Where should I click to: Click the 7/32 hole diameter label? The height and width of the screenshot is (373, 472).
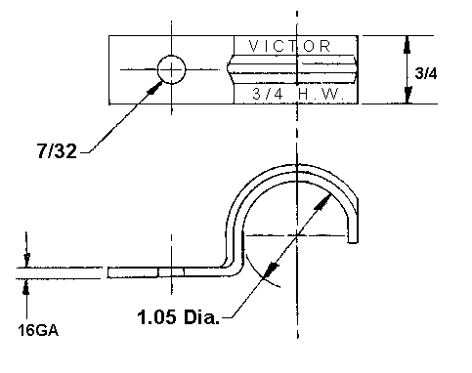click(x=58, y=151)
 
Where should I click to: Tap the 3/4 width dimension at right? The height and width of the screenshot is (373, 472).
click(x=426, y=73)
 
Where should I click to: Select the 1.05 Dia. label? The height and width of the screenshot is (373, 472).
click(x=178, y=316)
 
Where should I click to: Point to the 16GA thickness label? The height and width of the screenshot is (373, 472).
click(x=38, y=330)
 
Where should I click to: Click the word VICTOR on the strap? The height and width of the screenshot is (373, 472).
click(x=290, y=46)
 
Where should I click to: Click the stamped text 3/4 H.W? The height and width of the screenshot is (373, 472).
click(x=298, y=94)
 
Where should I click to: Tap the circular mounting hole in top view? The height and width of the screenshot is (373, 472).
click(x=172, y=69)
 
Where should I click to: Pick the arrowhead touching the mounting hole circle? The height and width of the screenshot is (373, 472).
click(x=155, y=88)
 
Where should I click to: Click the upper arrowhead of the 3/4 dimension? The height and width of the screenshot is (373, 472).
click(x=407, y=45)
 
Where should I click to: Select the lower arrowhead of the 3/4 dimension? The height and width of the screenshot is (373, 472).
click(x=408, y=95)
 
